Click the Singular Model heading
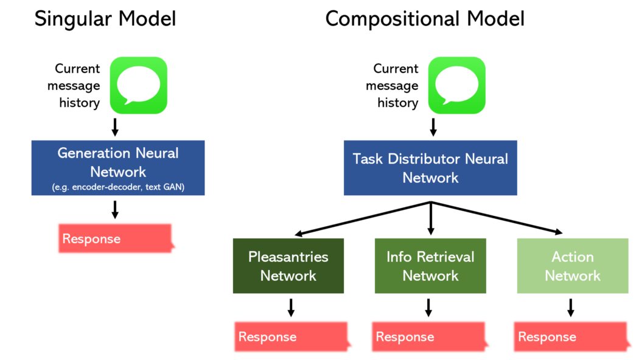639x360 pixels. coord(105,19)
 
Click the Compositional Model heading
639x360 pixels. coord(425,19)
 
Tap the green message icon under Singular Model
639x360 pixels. coord(139,85)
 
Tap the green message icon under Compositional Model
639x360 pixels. coord(457,85)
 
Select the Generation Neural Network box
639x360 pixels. coord(118,168)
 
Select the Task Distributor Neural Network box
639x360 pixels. coord(430,168)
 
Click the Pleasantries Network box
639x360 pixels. coord(288,266)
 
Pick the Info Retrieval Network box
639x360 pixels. coord(430,266)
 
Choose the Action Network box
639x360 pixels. coord(573,266)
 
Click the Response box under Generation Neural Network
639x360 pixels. coord(116,238)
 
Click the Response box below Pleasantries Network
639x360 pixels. coord(292,337)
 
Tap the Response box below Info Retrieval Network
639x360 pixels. coord(429,337)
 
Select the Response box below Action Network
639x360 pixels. coord(571,337)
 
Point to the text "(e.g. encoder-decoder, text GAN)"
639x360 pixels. coord(118,187)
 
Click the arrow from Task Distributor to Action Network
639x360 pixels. coord(497,218)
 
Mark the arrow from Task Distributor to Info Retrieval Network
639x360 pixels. coord(431,218)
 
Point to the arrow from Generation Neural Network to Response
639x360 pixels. coord(115,210)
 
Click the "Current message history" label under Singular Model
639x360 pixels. coord(74,86)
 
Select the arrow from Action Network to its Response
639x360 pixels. coord(571,308)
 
